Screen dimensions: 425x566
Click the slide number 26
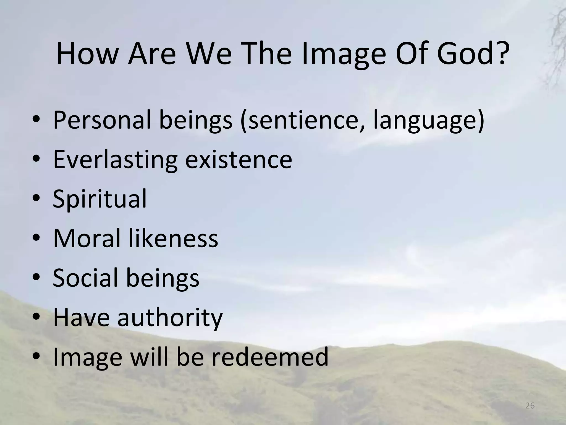(x=530, y=406)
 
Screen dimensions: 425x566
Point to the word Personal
(x=102, y=120)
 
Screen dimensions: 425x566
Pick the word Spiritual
(x=99, y=199)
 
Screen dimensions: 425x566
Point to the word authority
(x=170, y=317)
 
